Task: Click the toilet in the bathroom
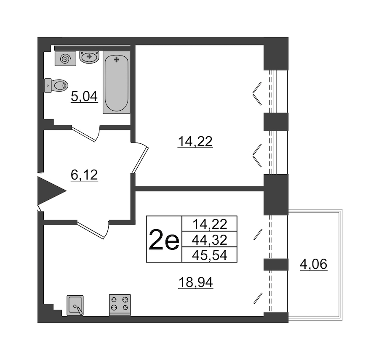pyautogui.click(x=56, y=85)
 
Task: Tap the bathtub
pyautogui.click(x=117, y=82)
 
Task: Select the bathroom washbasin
pyautogui.click(x=89, y=57)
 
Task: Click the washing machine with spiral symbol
pyautogui.click(x=66, y=58)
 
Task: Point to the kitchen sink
pyautogui.click(x=75, y=305)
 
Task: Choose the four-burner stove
pyautogui.click(x=120, y=305)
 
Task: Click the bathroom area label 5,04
pyautogui.click(x=84, y=97)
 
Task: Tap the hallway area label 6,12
pyautogui.click(x=84, y=175)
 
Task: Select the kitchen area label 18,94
pyautogui.click(x=195, y=282)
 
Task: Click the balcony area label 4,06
pyautogui.click(x=313, y=264)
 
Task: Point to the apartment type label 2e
pyautogui.click(x=164, y=239)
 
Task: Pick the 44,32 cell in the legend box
pyautogui.click(x=209, y=240)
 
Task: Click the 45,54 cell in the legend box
pyautogui.click(x=209, y=255)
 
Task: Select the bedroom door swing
pyautogui.click(x=140, y=157)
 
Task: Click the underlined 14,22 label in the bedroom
pyautogui.click(x=195, y=141)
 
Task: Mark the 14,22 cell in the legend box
pyautogui.click(x=209, y=224)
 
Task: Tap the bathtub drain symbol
pyautogui.click(x=117, y=59)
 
